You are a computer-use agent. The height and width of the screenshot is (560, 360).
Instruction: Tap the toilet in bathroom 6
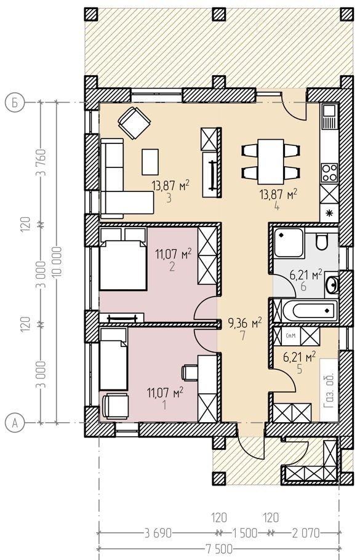[x=322, y=242]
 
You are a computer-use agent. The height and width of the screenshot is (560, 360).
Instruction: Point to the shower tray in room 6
[x=289, y=243]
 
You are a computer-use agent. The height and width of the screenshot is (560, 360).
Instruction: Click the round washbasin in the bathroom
[x=333, y=284]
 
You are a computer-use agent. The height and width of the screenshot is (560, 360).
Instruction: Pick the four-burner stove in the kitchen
[x=329, y=173]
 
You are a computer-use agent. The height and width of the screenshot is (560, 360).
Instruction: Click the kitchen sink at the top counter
[x=329, y=116]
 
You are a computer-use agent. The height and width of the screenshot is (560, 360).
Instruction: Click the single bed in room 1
[x=114, y=359]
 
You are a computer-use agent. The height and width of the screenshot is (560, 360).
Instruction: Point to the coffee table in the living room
[x=150, y=162]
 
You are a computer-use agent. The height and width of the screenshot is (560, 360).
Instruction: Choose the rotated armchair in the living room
[x=134, y=123]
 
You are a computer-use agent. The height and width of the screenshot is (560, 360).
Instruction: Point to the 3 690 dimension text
[x=158, y=534]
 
